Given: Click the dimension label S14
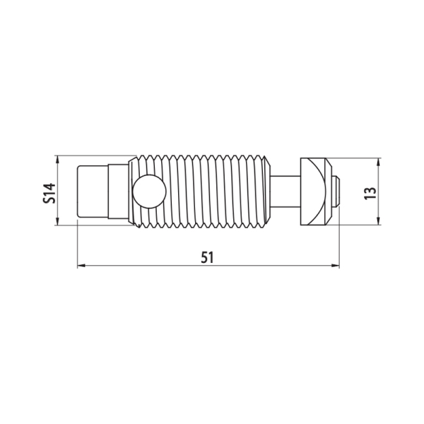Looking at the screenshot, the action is coord(49,193).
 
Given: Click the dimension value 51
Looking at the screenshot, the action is coord(207,257).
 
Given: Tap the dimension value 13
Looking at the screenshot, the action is coord(370,193).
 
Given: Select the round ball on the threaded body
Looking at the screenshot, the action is coord(149,192).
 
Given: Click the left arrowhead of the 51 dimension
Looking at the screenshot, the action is coord(81,266).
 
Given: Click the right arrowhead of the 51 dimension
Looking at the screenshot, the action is coord(335,266).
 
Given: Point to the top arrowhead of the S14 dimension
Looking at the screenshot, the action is coord(57,160).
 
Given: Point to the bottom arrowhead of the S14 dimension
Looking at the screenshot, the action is coord(57,221).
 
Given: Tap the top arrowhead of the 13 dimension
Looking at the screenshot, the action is coord(379,163).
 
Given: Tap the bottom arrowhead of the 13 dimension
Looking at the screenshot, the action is coord(379,221).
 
